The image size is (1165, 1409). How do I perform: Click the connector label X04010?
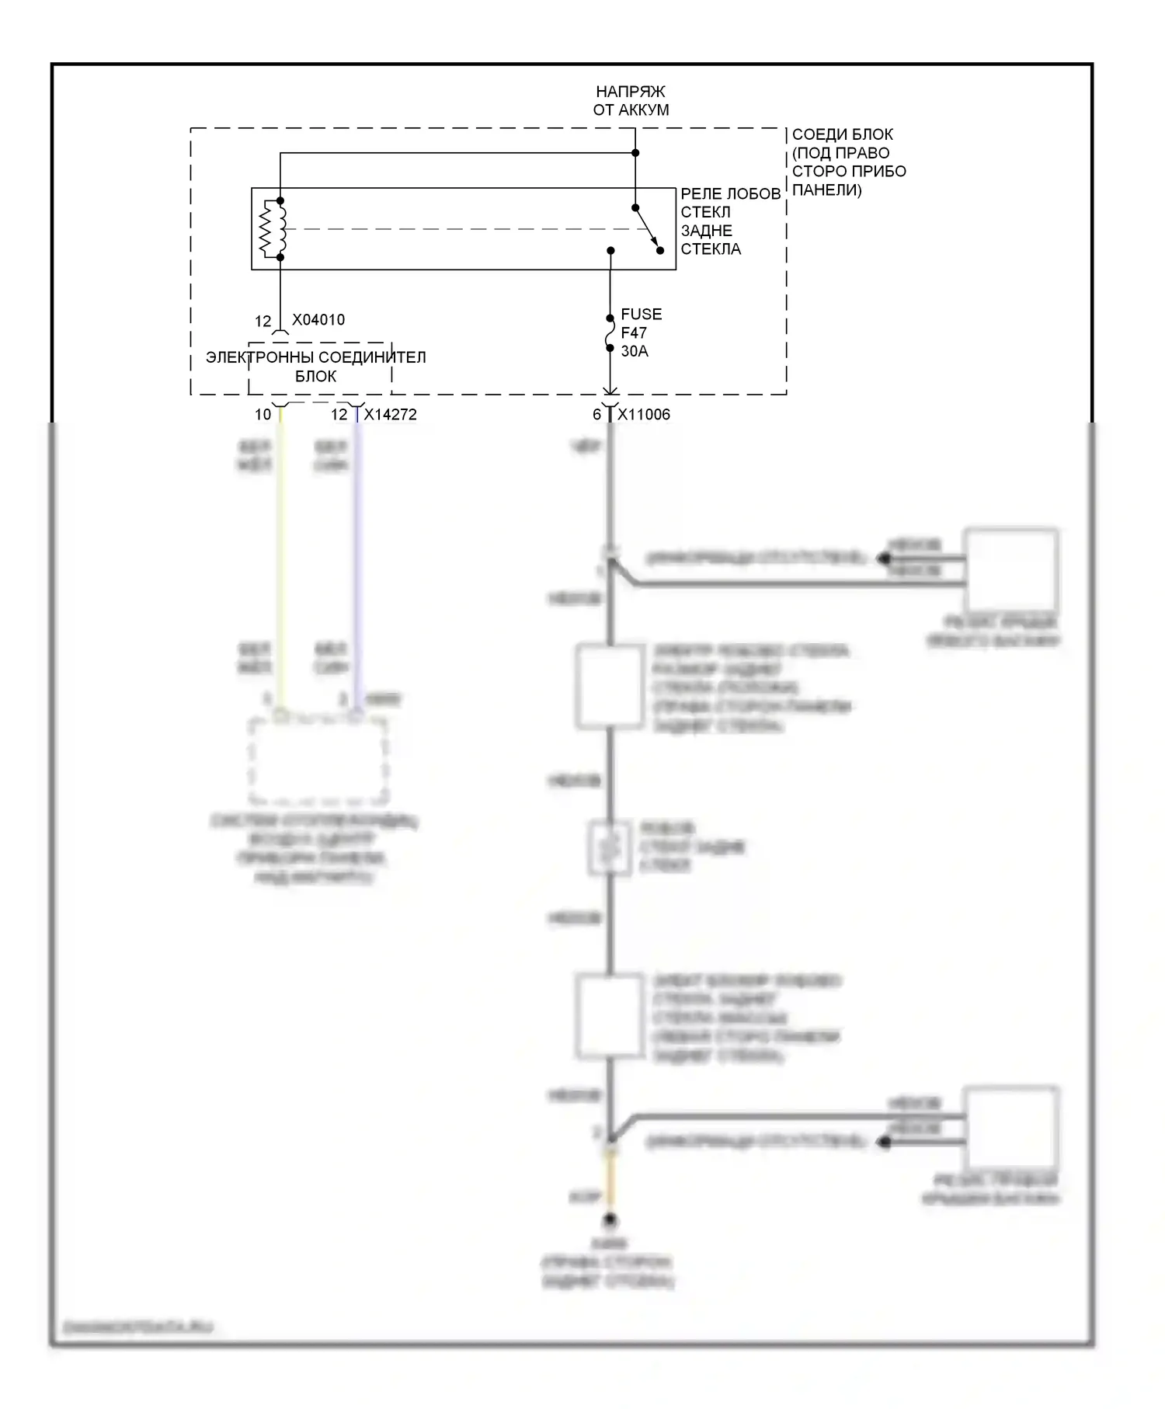(318, 320)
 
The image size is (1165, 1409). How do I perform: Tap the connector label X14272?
(390, 415)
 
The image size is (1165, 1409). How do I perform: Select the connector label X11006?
(644, 415)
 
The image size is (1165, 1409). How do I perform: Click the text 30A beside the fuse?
(635, 351)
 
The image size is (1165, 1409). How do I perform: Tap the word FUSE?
(642, 315)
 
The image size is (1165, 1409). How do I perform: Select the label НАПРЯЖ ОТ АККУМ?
(631, 101)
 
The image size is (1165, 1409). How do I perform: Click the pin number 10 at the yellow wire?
(263, 415)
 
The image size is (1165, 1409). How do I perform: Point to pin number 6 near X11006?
(596, 415)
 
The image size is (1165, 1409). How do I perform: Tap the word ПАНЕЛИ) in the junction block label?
(826, 190)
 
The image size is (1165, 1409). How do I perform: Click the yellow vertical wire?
(281, 559)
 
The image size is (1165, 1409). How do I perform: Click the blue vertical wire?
(357, 559)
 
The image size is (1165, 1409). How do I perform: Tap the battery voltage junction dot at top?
(635, 153)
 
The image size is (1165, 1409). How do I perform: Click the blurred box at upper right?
(1011, 571)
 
